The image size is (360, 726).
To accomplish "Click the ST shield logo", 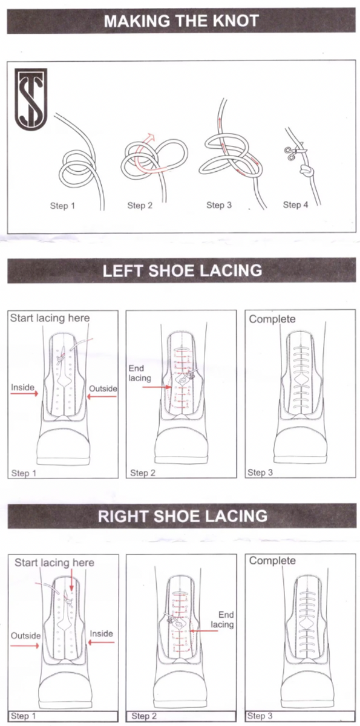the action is coord(31,99).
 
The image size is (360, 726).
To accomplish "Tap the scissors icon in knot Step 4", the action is coord(293,152).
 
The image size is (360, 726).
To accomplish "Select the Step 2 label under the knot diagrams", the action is coord(140,205).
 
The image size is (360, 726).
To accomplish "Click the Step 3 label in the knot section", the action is coord(219,205).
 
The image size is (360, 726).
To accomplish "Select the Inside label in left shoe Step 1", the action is coord(22,387).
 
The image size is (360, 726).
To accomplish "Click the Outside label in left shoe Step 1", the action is coord(103,388).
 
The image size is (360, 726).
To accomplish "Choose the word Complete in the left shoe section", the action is coord(272,319).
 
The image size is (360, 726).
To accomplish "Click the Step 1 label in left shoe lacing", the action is coord(24,473).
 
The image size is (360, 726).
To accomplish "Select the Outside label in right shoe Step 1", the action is coord(25,636).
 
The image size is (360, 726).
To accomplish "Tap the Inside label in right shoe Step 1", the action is coord(101,633).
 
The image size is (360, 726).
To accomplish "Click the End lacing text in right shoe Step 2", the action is coord(222,620).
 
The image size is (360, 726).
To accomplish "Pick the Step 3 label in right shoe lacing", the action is coord(260,716).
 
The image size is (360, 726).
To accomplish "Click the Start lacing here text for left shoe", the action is coord(50,318).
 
